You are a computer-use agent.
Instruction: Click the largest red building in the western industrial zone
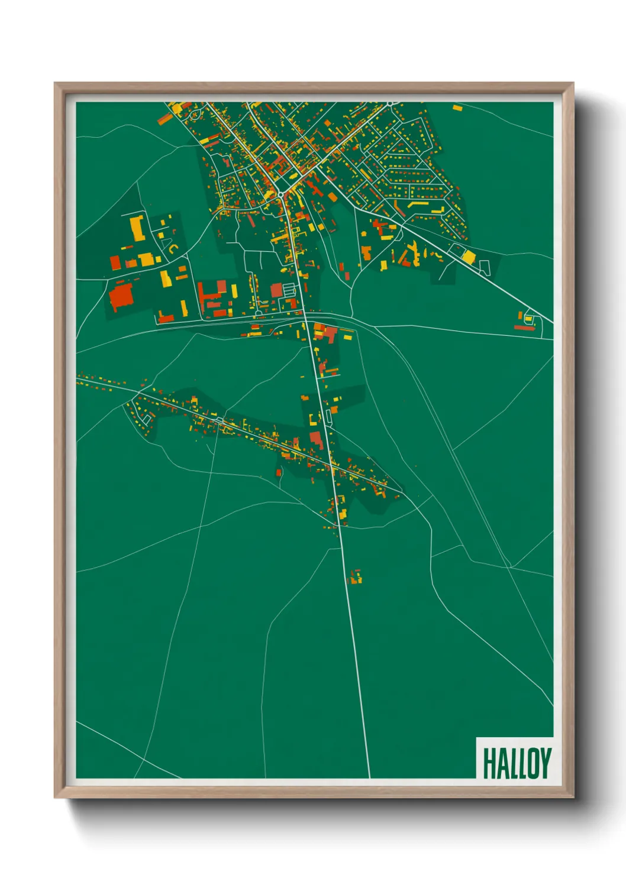pyautogui.click(x=121, y=296)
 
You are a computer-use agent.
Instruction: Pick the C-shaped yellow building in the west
pyautogui.click(x=172, y=249)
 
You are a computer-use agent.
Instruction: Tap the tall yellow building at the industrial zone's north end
pyautogui.click(x=137, y=228)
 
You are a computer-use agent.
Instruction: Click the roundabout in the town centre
pyautogui.click(x=280, y=194)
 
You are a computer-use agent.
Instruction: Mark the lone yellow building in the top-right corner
pyautogui.click(x=457, y=108)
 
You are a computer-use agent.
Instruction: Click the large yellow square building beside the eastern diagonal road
pyautogui.click(x=468, y=257)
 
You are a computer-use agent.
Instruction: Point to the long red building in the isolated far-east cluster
pyautogui.click(x=523, y=327)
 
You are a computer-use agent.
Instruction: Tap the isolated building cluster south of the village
pyautogui.click(x=356, y=576)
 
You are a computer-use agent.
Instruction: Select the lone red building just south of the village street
pyautogui.click(x=278, y=472)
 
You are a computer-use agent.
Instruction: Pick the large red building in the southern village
pyautogui.click(x=317, y=439)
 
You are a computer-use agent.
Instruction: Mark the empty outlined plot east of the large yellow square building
pyautogui.click(x=485, y=267)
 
